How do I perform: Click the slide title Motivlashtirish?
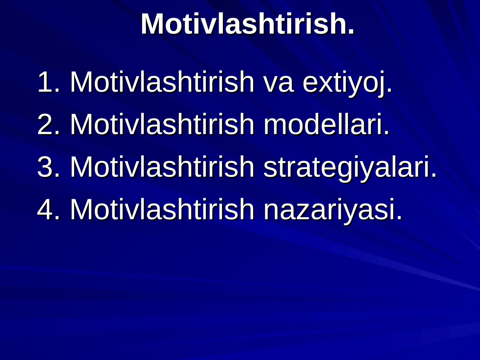click(x=247, y=24)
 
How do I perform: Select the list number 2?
click(x=45, y=124)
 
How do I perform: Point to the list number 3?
click(x=45, y=167)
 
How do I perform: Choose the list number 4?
click(x=45, y=209)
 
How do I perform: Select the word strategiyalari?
click(x=349, y=167)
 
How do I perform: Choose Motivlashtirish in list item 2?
click(x=162, y=124)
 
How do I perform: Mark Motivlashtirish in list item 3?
click(x=162, y=167)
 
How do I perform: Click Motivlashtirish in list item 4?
click(x=162, y=209)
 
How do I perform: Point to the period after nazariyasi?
click(x=399, y=217)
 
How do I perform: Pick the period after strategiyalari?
click(x=433, y=175)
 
